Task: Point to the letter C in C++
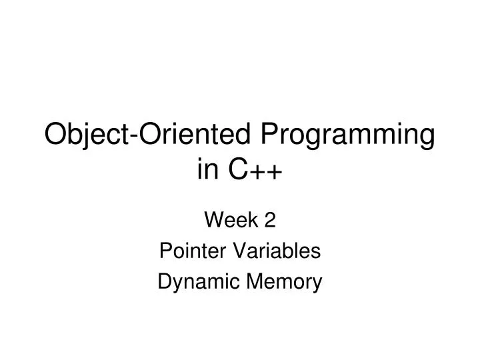tap(238, 171)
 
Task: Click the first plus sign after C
tap(257, 173)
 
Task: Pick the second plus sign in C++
tap(275, 173)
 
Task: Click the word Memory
tap(283, 284)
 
